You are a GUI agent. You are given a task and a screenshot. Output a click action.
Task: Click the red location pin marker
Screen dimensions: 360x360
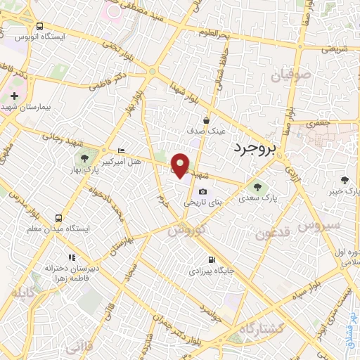[180, 165]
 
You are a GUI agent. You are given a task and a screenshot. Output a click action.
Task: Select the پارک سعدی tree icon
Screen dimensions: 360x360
[254, 188]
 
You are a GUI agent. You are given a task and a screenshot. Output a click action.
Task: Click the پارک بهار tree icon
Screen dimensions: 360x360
[84, 158]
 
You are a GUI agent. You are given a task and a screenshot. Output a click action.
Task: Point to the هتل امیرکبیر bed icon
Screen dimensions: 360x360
[122, 150]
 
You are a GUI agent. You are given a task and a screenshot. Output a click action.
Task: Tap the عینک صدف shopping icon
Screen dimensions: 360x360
[206, 120]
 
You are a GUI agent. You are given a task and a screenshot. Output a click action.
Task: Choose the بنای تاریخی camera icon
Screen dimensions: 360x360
[203, 192]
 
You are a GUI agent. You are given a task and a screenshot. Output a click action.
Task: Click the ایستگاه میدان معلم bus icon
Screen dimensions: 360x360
[59, 218]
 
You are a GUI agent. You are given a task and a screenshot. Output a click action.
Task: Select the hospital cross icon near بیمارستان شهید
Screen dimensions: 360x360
[14, 94]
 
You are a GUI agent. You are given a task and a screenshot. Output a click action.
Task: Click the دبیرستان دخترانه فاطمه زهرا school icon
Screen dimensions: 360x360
[71, 258]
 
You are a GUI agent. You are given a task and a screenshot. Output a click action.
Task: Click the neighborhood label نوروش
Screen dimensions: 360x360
[186, 230]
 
